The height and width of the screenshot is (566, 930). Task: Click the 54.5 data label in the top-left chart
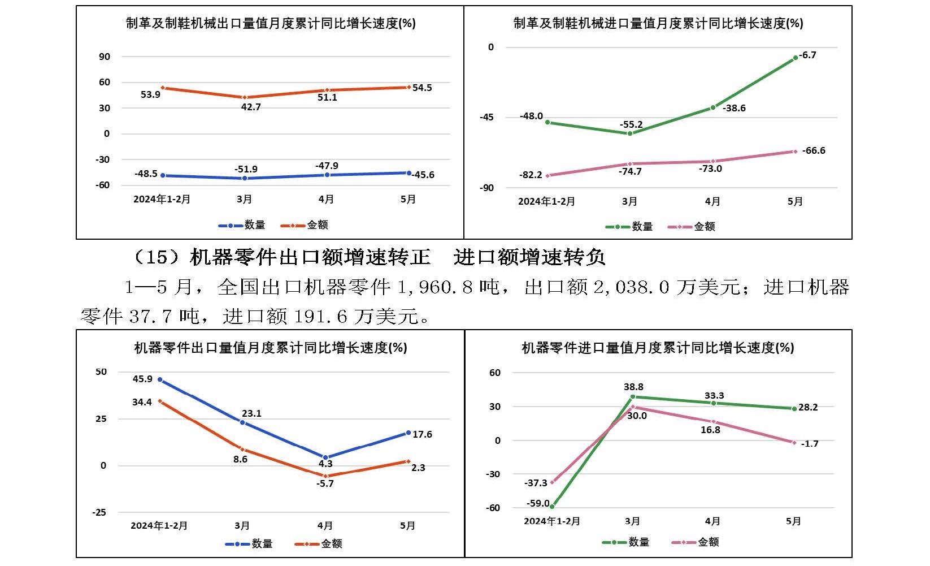(x=422, y=88)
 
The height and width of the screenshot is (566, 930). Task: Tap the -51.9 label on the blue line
(x=246, y=169)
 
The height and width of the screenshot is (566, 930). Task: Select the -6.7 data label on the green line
(x=809, y=55)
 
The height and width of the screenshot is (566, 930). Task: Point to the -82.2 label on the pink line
(x=531, y=175)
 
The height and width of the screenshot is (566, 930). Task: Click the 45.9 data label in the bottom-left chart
(x=142, y=379)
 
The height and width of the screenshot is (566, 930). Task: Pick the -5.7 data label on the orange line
(x=325, y=483)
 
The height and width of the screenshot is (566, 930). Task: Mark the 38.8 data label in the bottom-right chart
(x=633, y=387)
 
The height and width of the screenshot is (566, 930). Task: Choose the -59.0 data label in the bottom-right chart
(x=538, y=503)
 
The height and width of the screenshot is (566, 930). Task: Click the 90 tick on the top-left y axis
(x=105, y=57)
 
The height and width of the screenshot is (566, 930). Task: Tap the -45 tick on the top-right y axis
(x=486, y=117)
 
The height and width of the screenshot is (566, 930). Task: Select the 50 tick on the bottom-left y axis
(x=101, y=371)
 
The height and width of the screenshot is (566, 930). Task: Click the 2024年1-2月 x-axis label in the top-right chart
(x=546, y=201)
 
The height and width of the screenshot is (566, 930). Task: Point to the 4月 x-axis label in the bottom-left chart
(x=325, y=525)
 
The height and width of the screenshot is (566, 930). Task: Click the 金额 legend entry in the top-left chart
(x=317, y=225)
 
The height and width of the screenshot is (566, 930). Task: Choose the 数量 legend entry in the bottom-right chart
(x=638, y=542)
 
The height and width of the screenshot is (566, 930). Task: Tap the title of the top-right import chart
(x=658, y=23)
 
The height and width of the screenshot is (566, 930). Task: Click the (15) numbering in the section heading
(x=156, y=258)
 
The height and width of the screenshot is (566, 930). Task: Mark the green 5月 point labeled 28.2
(x=794, y=408)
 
